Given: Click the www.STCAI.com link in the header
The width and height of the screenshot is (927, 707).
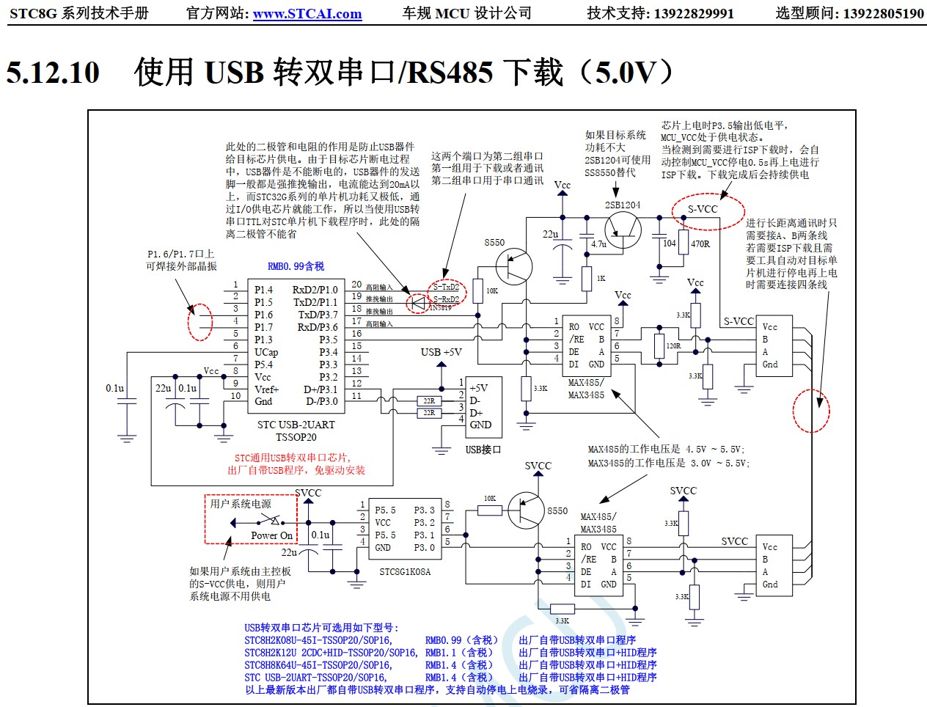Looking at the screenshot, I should tap(307, 14).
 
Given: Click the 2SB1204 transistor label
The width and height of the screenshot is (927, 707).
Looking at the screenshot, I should tap(622, 205).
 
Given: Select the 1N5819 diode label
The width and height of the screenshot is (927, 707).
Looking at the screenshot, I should tap(441, 308).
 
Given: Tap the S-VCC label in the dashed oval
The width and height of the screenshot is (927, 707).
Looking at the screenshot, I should tap(703, 209).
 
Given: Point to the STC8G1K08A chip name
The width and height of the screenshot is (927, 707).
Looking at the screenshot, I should tap(405, 572).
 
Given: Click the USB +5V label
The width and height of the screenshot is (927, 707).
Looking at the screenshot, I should tap(441, 352).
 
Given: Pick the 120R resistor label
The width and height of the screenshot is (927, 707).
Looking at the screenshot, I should tap(673, 346).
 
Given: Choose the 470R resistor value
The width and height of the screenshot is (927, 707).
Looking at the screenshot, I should tap(700, 244).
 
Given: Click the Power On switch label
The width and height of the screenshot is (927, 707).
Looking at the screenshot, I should tap(271, 535).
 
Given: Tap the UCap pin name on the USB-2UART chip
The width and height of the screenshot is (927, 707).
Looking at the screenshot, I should tap(266, 352).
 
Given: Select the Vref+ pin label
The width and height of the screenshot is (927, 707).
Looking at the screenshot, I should tap(267, 389).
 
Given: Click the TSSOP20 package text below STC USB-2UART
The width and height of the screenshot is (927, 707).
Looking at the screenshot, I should tap(296, 437).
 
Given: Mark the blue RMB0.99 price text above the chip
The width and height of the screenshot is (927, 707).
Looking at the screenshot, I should tap(296, 266).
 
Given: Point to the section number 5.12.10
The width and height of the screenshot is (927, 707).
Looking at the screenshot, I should tap(53, 72).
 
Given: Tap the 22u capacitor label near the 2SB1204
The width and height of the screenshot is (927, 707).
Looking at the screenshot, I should tap(550, 235).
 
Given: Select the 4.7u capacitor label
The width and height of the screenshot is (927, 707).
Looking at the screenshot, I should tap(598, 244).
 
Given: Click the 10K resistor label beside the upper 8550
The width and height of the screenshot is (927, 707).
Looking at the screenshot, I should tap(491, 291).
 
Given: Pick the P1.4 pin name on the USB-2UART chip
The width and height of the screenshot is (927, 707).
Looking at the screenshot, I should tap(263, 290).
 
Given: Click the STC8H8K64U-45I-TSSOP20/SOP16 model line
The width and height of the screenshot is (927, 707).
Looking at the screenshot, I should tap(318, 665).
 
